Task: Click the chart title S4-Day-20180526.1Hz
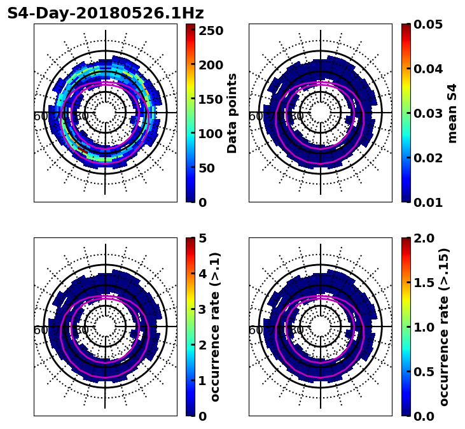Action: pyautogui.click(x=106, y=13)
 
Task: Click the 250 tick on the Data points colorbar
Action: pyautogui.click(x=211, y=31)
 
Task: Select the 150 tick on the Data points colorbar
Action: pyautogui.click(x=211, y=99)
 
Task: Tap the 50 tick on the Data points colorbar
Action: pyautogui.click(x=207, y=168)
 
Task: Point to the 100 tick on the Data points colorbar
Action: pyautogui.click(x=211, y=134)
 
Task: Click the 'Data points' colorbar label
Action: pyautogui.click(x=232, y=113)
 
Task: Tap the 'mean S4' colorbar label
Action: pyautogui.click(x=452, y=113)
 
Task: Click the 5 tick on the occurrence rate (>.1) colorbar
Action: pyautogui.click(x=202, y=238)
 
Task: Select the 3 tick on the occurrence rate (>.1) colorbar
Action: pyautogui.click(x=202, y=309)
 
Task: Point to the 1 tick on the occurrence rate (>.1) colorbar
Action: pyautogui.click(x=202, y=381)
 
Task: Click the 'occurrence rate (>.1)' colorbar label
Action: pyautogui.click(x=216, y=327)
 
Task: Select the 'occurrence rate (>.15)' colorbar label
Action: pyautogui.click(x=444, y=327)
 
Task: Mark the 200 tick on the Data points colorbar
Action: pyautogui.click(x=211, y=65)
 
